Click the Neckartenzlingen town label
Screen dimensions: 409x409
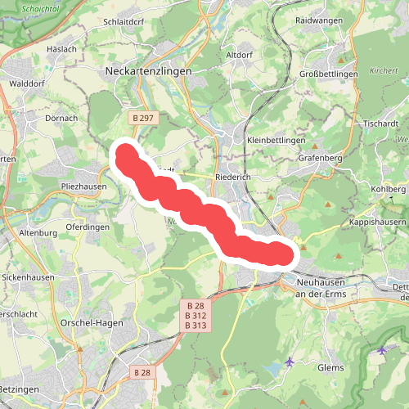[149, 72]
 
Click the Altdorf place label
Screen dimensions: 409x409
[239, 54]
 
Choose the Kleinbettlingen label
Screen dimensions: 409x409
[276, 141]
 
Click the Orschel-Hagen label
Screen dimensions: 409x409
[92, 322]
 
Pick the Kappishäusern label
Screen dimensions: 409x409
[377, 222]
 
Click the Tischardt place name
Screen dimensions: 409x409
[380, 124]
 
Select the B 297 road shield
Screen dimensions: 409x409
[143, 119]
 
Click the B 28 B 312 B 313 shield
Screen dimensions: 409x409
[196, 316]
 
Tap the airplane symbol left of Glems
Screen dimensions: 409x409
[290, 361]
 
